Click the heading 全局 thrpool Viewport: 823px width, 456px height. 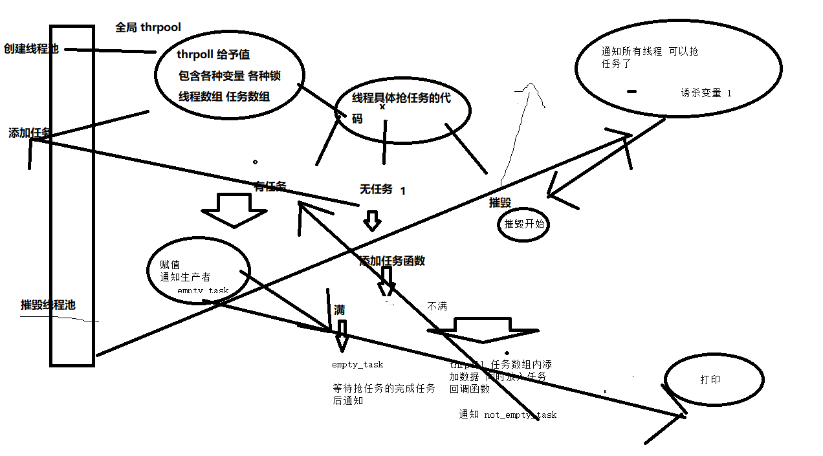[148, 27]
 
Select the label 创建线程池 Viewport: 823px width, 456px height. [31, 49]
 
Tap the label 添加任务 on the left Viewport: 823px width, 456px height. [30, 133]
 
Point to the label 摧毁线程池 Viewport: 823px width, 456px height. [48, 305]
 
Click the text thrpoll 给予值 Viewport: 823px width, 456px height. [213, 55]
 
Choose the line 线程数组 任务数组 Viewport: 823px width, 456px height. [224, 96]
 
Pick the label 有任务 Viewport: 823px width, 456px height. [270, 186]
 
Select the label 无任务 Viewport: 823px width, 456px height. [376, 189]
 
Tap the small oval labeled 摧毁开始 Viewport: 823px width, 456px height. [524, 225]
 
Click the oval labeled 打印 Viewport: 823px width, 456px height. [714, 380]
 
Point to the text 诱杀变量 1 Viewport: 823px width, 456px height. [706, 92]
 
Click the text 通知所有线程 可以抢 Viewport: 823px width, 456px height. [650, 52]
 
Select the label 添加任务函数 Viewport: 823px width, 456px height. [392, 261]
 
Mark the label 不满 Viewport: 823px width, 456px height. [437, 306]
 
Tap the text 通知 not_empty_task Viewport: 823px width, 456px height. [507, 415]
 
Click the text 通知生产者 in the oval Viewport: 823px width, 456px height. [185, 277]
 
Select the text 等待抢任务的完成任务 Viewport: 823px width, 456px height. [383, 389]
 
